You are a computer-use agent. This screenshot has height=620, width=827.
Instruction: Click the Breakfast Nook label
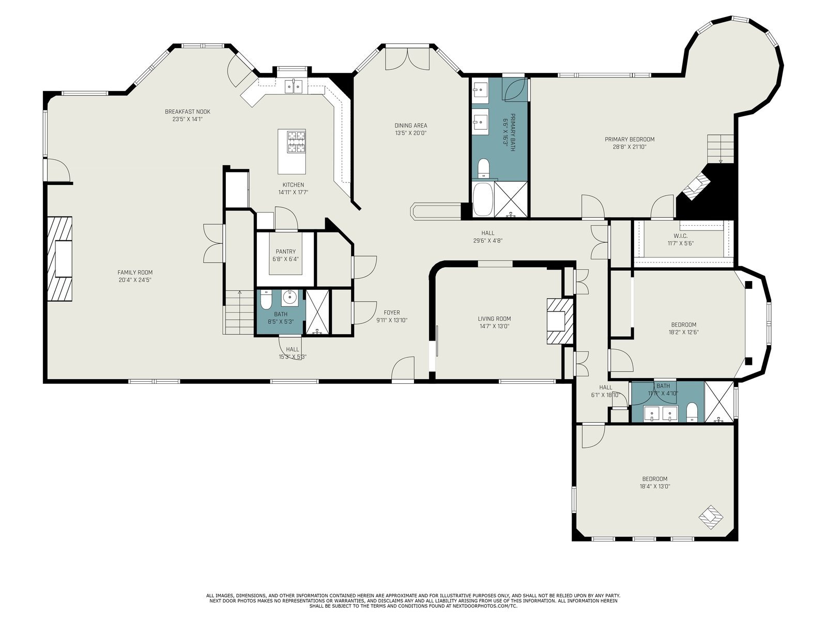point(188,112)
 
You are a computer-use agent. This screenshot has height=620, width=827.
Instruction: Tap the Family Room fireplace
point(60,259)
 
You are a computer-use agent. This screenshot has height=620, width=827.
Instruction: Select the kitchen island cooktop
point(297,142)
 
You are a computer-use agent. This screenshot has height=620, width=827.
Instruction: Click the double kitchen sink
point(294,87)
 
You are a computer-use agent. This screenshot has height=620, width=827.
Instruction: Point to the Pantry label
point(286,252)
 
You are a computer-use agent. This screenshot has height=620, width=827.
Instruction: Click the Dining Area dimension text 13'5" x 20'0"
point(411,133)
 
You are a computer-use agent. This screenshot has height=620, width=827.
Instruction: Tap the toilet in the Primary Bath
point(483,168)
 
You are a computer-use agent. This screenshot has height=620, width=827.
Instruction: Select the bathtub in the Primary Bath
point(482,199)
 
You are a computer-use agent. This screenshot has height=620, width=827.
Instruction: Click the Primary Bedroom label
point(630,139)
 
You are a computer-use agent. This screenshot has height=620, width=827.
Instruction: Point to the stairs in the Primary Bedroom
point(721,149)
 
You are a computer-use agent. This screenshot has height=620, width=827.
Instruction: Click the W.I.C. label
point(680,236)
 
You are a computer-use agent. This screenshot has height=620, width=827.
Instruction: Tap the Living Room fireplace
point(560,321)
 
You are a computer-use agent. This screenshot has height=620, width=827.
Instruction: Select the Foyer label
point(392,313)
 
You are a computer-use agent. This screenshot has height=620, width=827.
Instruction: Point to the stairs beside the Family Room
point(240,313)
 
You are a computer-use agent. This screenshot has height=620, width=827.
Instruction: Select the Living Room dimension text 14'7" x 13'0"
point(494,327)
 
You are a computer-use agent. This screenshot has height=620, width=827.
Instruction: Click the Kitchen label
point(293,185)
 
